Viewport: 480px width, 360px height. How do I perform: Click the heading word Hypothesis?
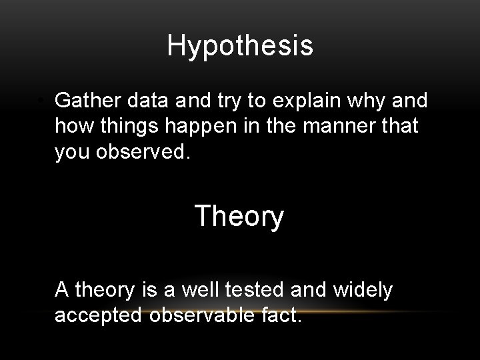(x=240, y=46)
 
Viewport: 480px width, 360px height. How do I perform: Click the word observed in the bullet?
(x=145, y=151)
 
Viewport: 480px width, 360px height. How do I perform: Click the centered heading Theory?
(x=239, y=217)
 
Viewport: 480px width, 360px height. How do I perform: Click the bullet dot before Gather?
(x=41, y=101)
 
